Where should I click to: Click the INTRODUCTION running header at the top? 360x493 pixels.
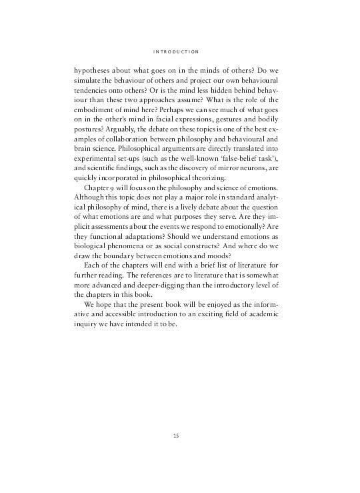179,51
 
